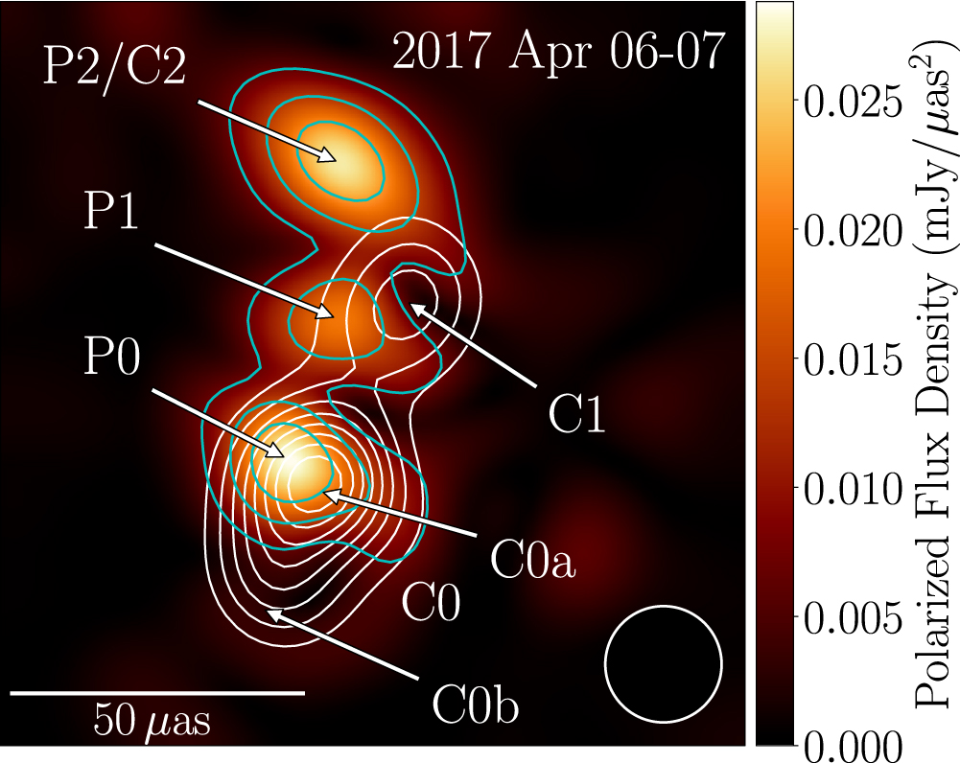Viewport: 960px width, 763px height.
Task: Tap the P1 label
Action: (x=111, y=212)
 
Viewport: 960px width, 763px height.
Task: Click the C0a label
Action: (x=532, y=560)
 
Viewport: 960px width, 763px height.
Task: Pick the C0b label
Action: (x=475, y=707)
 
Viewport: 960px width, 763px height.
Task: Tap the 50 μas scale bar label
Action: (x=153, y=719)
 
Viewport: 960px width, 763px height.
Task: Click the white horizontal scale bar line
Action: (x=157, y=691)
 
